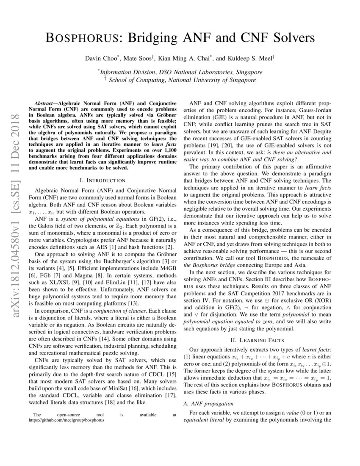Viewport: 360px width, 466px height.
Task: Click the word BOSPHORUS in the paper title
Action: point(78,38)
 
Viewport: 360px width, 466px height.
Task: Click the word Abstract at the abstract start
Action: point(45,103)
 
